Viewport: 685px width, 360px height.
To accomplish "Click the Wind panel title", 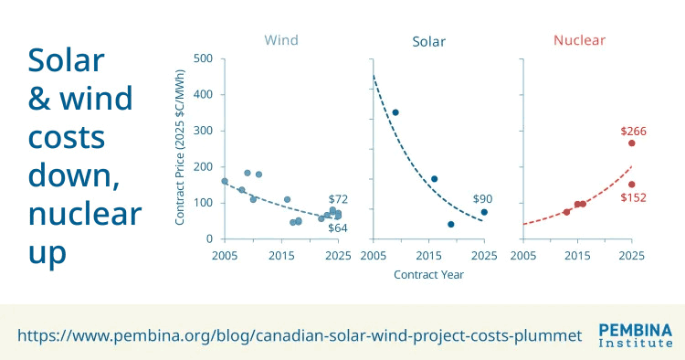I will tap(281, 40).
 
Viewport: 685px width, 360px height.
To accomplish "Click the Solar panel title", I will tap(429, 41).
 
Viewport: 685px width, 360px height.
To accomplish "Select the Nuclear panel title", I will tap(579, 40).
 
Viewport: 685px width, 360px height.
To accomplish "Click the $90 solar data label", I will tap(483, 199).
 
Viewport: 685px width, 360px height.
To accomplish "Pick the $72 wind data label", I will tap(338, 199).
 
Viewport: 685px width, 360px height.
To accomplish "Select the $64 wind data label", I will tap(338, 228).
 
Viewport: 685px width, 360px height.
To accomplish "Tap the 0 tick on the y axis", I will tap(208, 239).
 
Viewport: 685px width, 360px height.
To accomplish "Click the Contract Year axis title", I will tap(428, 273).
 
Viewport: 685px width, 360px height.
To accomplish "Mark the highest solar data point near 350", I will tap(395, 112).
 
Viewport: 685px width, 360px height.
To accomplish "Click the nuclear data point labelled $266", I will tap(631, 143).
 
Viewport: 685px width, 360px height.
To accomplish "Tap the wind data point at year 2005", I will tap(225, 181).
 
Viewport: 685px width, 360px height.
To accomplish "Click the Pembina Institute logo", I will tap(635, 335).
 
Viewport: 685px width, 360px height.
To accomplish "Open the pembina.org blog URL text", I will tap(300, 335).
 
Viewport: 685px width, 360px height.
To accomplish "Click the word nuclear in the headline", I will tap(85, 215).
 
